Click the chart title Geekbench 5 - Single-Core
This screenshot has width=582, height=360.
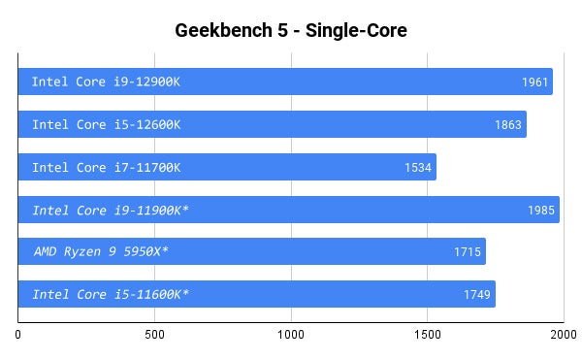pos(290,30)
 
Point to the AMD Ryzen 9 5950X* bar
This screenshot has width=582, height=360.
pos(291,252)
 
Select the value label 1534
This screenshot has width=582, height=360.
pos(419,167)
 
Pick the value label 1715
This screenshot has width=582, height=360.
pos(468,252)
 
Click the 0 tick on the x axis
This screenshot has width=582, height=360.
pos(18,336)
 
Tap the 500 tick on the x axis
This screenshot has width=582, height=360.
pos(154,336)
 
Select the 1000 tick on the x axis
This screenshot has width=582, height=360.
pos(290,336)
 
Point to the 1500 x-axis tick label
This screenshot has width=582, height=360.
pos(427,336)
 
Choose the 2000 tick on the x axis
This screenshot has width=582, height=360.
pos(563,336)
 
